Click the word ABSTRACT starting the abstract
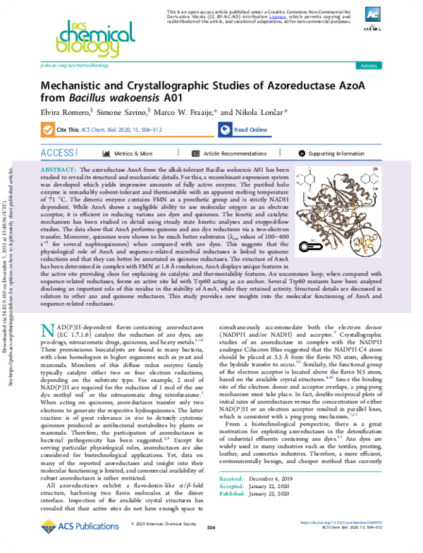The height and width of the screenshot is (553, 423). tap(60, 171)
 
